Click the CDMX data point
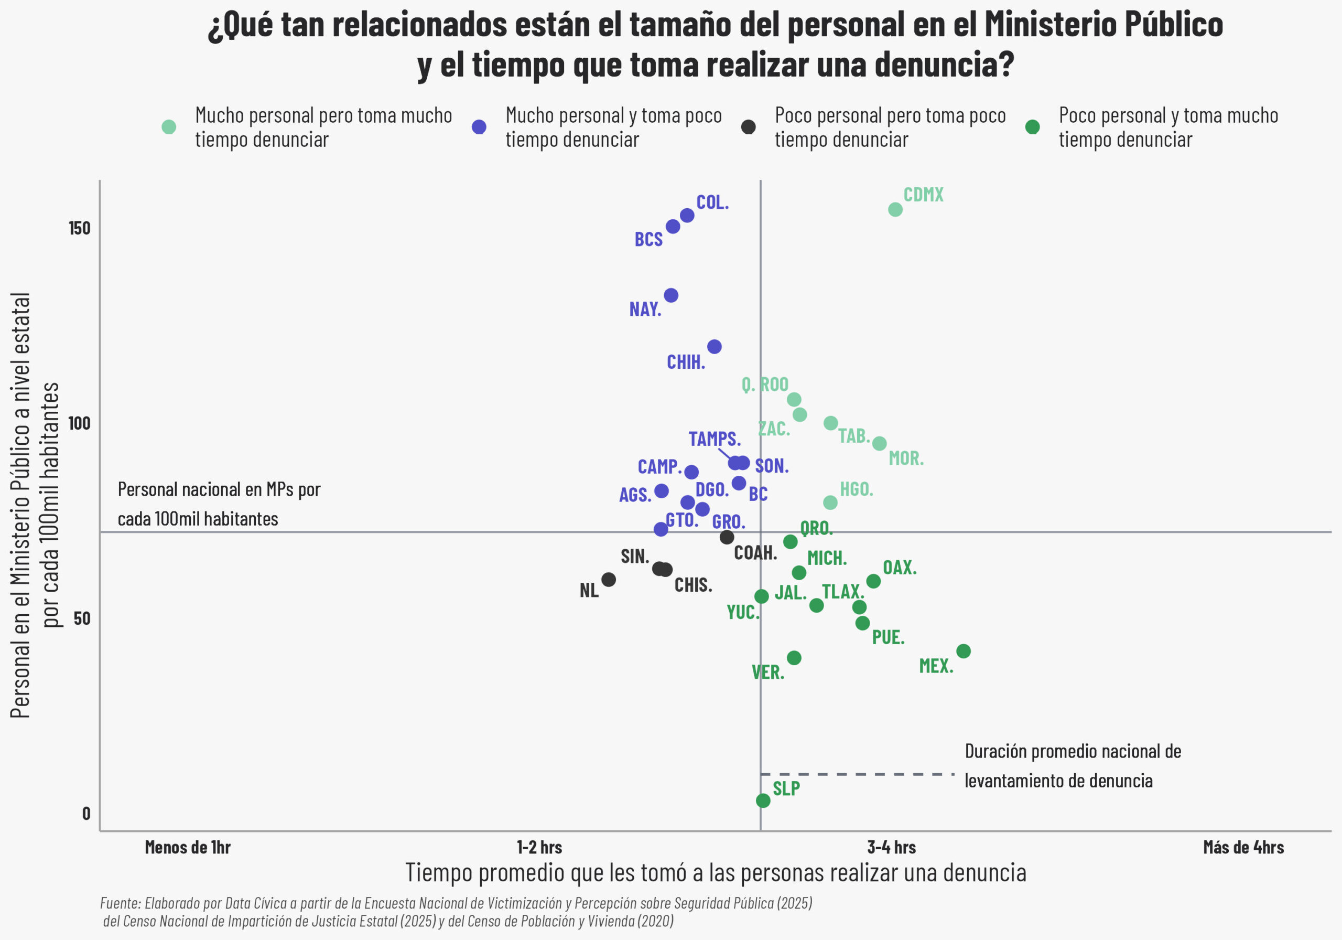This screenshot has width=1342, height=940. coord(895,209)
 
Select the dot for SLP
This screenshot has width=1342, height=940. coord(763,800)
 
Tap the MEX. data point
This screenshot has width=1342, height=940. coord(963,651)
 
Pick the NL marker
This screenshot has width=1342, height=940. coord(609,580)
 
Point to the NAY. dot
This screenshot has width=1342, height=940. coord(671,295)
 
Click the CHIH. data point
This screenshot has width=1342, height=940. coord(715,347)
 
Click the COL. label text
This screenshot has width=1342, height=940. coord(712,203)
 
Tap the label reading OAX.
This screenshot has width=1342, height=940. coord(899,568)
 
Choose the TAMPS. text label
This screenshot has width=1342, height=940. coord(715,439)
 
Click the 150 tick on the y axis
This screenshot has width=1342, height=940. coord(80,228)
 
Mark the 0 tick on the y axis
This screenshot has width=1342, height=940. coord(86,814)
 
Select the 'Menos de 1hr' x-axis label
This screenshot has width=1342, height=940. coord(188,847)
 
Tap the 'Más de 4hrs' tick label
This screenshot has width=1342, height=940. coord(1243,847)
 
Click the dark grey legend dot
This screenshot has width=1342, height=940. coord(748,127)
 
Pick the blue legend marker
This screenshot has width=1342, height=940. coord(479,127)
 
